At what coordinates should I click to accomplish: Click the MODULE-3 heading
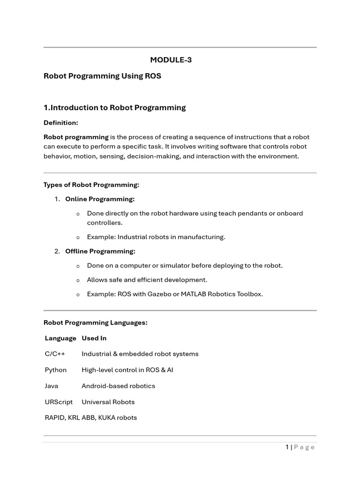click(171, 60)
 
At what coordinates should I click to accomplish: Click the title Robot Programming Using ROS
click(102, 76)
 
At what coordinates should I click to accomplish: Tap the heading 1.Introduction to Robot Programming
click(114, 108)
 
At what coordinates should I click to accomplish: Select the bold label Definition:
click(60, 123)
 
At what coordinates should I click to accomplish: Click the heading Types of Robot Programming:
click(91, 185)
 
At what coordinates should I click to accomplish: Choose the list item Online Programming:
click(99, 199)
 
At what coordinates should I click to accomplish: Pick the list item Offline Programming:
click(100, 251)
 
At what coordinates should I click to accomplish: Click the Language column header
click(60, 338)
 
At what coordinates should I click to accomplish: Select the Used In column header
click(94, 338)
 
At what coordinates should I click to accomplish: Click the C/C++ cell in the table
click(54, 354)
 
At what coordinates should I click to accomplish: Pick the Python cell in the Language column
click(56, 370)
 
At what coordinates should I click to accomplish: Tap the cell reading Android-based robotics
click(118, 386)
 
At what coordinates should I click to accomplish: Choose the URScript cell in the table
click(59, 402)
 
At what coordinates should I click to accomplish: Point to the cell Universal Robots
click(108, 402)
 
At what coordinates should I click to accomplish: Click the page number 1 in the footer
click(287, 447)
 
